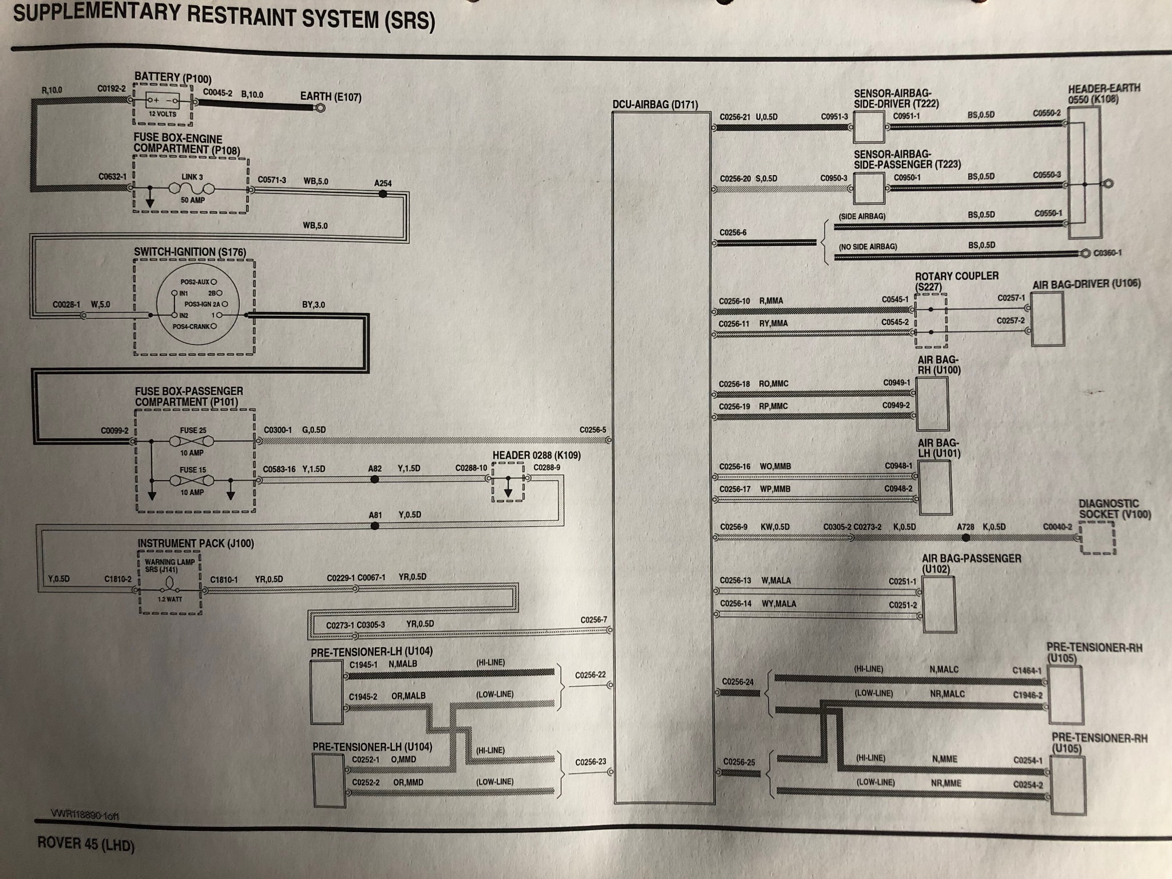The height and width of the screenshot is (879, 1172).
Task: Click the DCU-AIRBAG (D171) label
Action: pos(655,105)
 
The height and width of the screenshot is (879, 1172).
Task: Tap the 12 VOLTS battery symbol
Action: pos(163,102)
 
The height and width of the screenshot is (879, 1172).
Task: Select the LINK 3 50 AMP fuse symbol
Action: pos(192,188)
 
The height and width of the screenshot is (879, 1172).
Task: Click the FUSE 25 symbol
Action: pos(192,441)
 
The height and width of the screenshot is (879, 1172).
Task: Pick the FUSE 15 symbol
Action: pos(192,481)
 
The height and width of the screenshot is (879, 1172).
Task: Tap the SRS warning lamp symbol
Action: pos(169,584)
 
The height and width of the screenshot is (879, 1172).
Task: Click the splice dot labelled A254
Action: pos(383,194)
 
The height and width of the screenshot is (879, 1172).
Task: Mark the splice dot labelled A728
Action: pos(966,538)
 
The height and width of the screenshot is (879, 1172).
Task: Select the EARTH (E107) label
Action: pos(331,97)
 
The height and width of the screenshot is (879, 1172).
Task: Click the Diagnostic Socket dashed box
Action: pos(1098,538)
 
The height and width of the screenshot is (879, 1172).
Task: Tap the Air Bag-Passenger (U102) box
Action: pos(939,604)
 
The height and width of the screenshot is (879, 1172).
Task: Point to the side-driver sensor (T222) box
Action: pos(869,127)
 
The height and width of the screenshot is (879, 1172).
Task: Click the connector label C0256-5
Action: pos(592,430)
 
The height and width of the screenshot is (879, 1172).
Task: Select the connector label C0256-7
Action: pos(593,620)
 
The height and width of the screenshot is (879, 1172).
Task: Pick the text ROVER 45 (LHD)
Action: pos(86,845)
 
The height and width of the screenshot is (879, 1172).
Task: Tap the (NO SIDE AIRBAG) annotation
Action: pos(868,247)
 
